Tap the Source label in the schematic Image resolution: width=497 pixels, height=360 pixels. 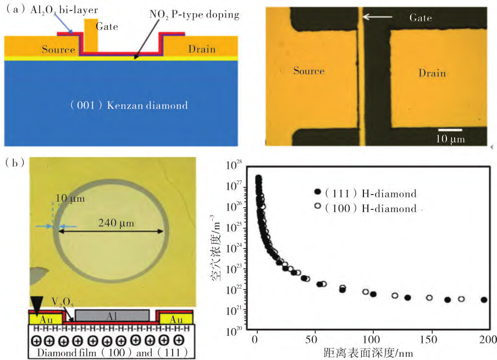click(58, 50)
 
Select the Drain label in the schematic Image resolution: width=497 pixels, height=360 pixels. click(202, 49)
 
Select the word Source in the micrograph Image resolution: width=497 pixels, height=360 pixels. click(308, 71)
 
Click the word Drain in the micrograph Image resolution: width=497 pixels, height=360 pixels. click(432, 73)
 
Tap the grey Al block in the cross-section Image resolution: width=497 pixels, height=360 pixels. click(112, 315)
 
